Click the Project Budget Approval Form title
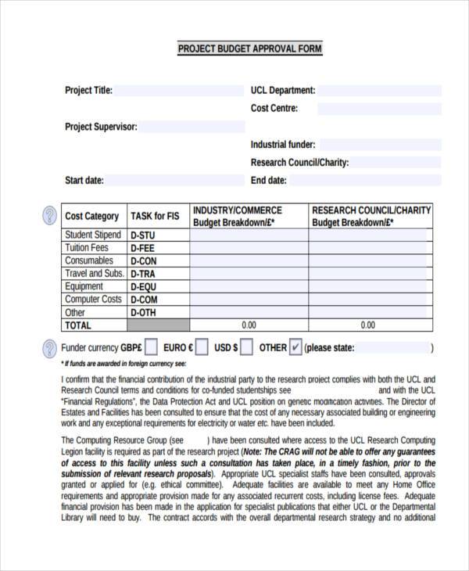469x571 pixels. tap(249, 48)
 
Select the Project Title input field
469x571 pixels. tap(180, 91)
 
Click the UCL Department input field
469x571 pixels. tap(379, 91)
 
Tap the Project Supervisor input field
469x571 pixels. tap(192, 127)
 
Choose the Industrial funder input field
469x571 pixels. tap(380, 145)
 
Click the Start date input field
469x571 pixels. tap(174, 181)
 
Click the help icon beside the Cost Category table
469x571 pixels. tap(48, 215)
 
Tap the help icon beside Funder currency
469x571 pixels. tap(48, 347)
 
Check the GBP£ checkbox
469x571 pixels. tap(151, 347)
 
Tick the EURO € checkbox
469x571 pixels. tap(202, 347)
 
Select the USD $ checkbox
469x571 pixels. tap(246, 347)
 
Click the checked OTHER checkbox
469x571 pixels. tap(295, 347)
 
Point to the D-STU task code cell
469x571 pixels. tap(158, 235)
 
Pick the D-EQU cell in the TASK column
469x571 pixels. tap(158, 287)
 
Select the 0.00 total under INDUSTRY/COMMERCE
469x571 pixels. tap(249, 325)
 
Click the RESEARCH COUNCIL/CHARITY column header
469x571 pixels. tap(371, 216)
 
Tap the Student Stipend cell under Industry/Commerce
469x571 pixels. tap(249, 235)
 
